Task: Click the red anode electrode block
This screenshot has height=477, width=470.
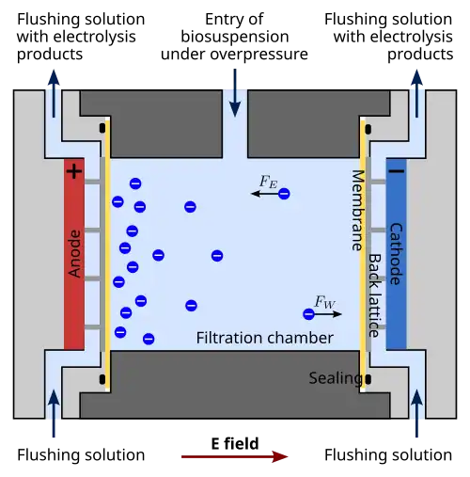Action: [x=74, y=254]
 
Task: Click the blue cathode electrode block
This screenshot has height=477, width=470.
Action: [x=397, y=254]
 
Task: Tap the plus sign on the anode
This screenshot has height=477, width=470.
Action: [x=74, y=171]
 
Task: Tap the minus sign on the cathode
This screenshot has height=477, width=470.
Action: [x=397, y=171]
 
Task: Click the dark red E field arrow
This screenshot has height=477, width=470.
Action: [x=234, y=456]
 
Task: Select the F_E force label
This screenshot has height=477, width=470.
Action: [x=269, y=182]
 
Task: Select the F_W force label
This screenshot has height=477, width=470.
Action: [x=324, y=302]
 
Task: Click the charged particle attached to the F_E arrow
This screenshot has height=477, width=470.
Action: [x=284, y=194]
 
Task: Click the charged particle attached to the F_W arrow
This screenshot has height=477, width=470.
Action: [x=308, y=314]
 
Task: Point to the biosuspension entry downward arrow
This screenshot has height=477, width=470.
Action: [x=235, y=93]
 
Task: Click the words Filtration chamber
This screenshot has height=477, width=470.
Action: [x=265, y=338]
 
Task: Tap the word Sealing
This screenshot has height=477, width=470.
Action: [x=336, y=378]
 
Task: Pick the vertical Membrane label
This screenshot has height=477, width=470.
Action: [x=357, y=210]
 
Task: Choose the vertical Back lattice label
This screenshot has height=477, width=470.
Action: [x=374, y=295]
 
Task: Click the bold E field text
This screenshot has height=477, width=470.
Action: [x=235, y=443]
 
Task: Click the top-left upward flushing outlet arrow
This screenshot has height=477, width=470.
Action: [x=54, y=93]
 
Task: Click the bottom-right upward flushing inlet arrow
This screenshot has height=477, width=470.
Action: [x=416, y=413]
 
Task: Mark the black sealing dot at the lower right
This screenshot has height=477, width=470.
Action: [x=368, y=379]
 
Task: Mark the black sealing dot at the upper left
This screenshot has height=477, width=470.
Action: [x=102, y=128]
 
